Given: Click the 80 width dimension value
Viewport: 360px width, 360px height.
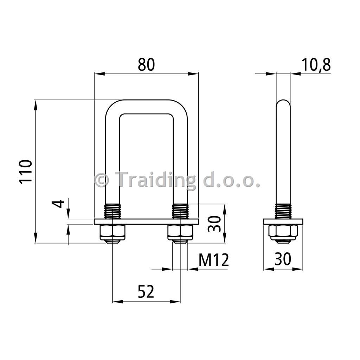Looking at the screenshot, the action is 146,65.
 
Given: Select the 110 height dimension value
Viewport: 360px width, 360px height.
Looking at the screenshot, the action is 25,172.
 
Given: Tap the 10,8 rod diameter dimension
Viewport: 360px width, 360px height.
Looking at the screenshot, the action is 316,65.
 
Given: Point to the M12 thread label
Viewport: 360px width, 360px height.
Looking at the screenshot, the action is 214,260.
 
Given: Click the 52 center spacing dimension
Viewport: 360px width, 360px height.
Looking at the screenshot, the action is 146,291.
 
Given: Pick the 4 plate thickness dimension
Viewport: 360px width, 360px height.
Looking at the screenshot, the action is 60,204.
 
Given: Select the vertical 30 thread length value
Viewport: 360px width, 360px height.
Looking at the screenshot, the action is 214,224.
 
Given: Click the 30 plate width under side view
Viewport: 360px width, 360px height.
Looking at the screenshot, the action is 283,259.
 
